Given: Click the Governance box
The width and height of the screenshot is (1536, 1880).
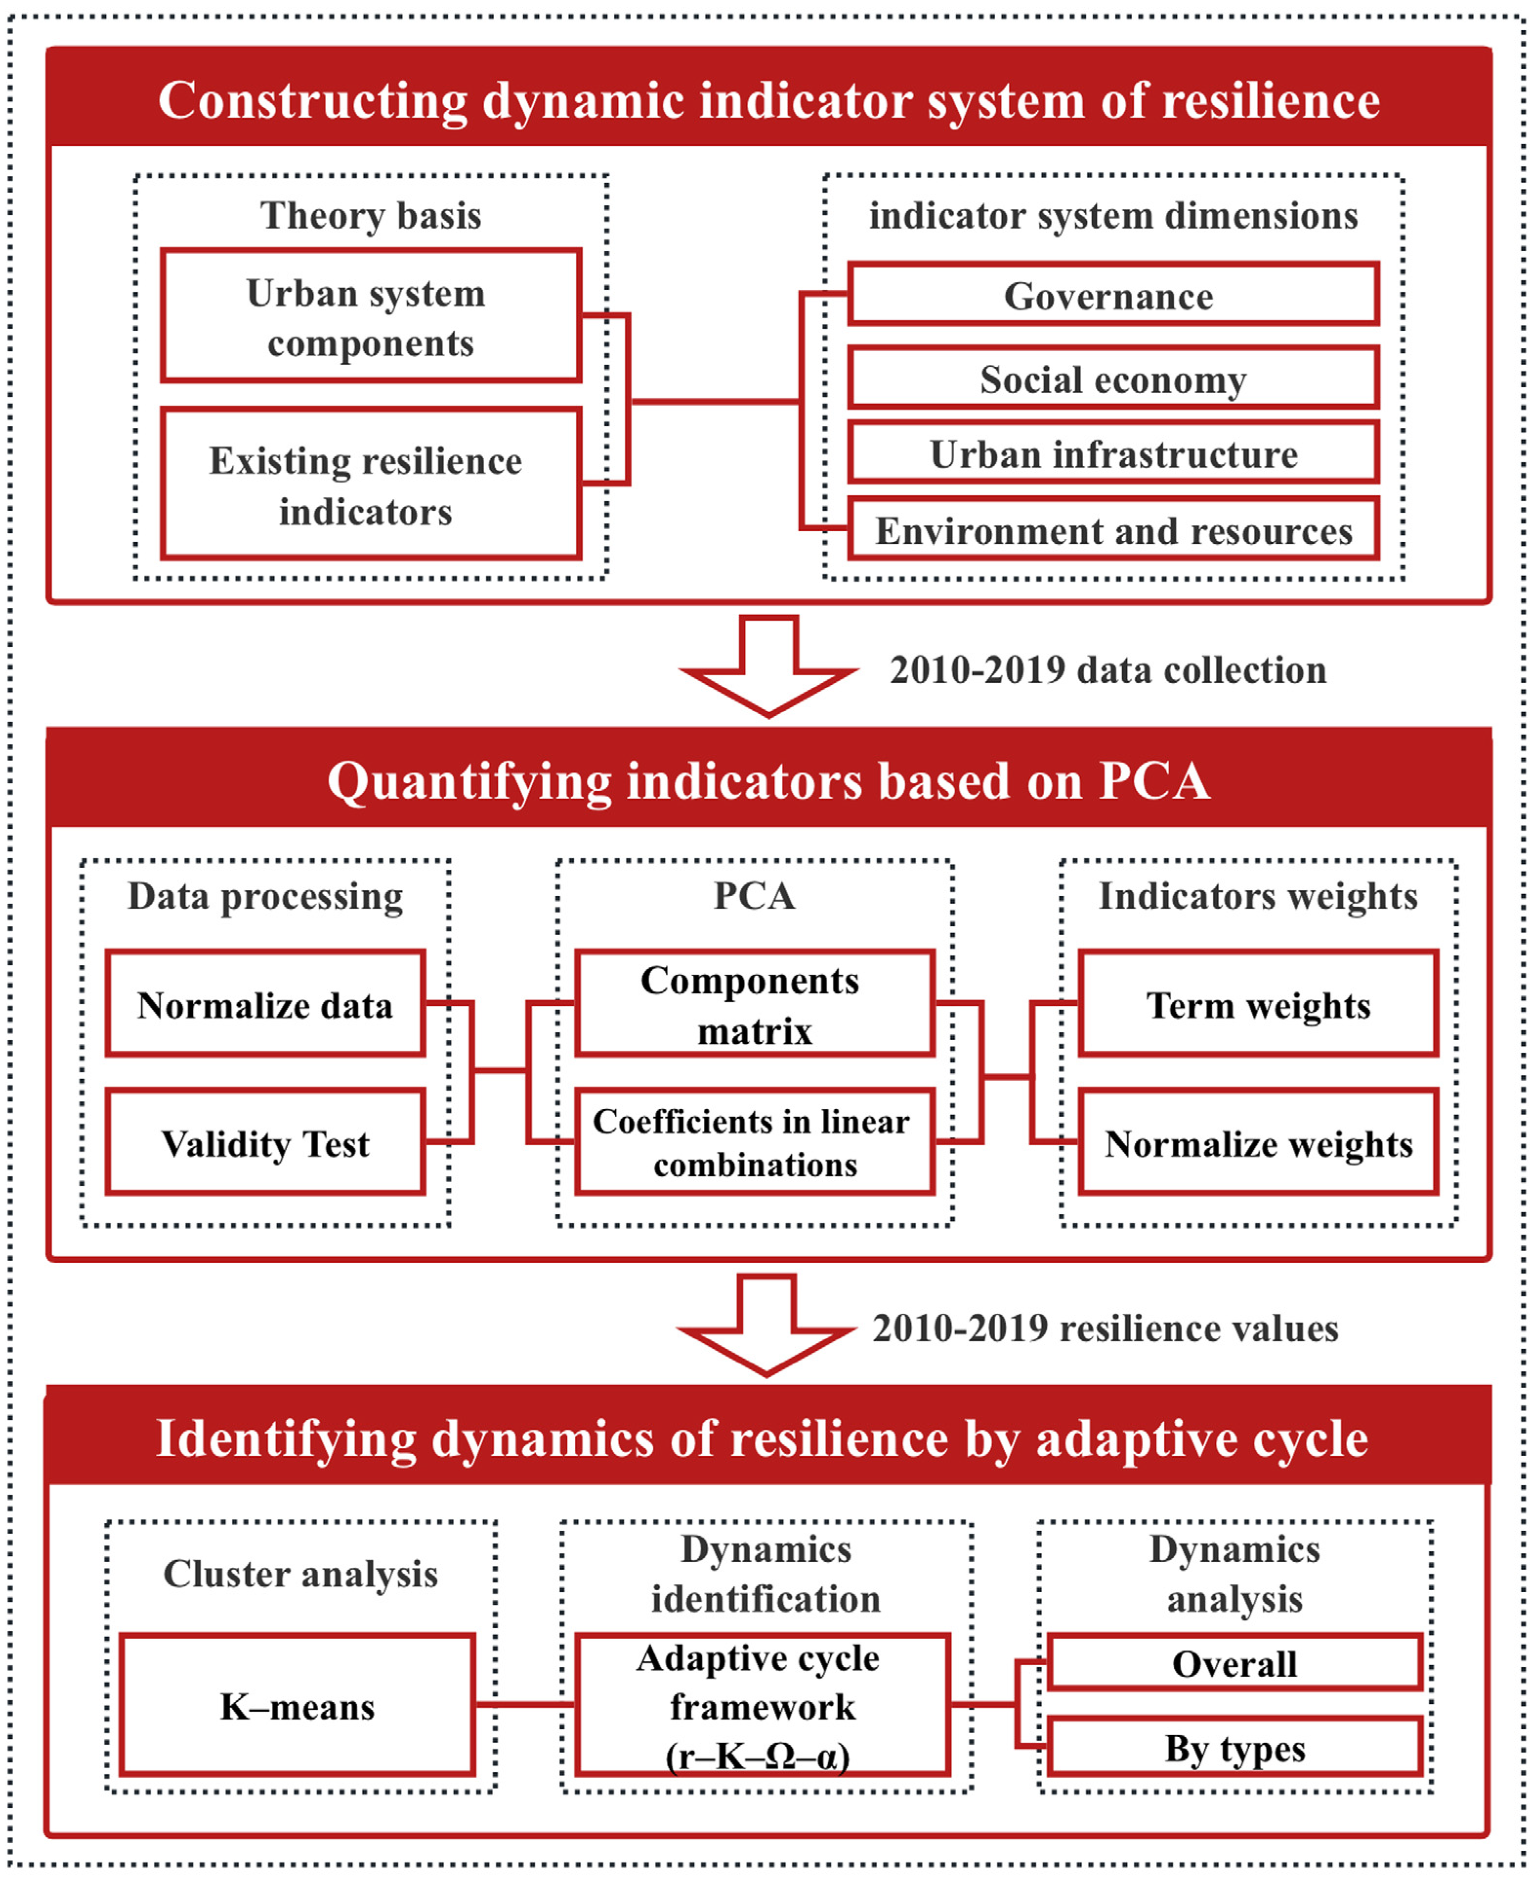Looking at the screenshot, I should click(x=1112, y=295).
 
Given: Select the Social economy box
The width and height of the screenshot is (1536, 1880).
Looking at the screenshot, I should click(x=1112, y=379).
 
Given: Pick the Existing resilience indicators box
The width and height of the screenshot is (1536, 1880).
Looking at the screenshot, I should click(x=370, y=484).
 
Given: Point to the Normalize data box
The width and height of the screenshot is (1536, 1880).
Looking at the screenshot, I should click(x=265, y=1004).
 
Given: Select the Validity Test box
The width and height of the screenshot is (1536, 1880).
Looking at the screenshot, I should click(x=265, y=1142).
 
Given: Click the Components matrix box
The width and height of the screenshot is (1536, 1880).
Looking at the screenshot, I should click(x=754, y=1004).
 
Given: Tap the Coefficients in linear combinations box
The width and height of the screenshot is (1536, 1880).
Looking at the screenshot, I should click(x=754, y=1142).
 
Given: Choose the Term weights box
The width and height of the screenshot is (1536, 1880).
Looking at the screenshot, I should click(x=1257, y=1004).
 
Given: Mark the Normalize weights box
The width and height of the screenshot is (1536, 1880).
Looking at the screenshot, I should click(x=1257, y=1142).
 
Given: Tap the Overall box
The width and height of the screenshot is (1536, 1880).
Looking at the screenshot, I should click(x=1234, y=1662).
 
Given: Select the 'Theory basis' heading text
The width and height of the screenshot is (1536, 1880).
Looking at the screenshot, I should click(x=371, y=215).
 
